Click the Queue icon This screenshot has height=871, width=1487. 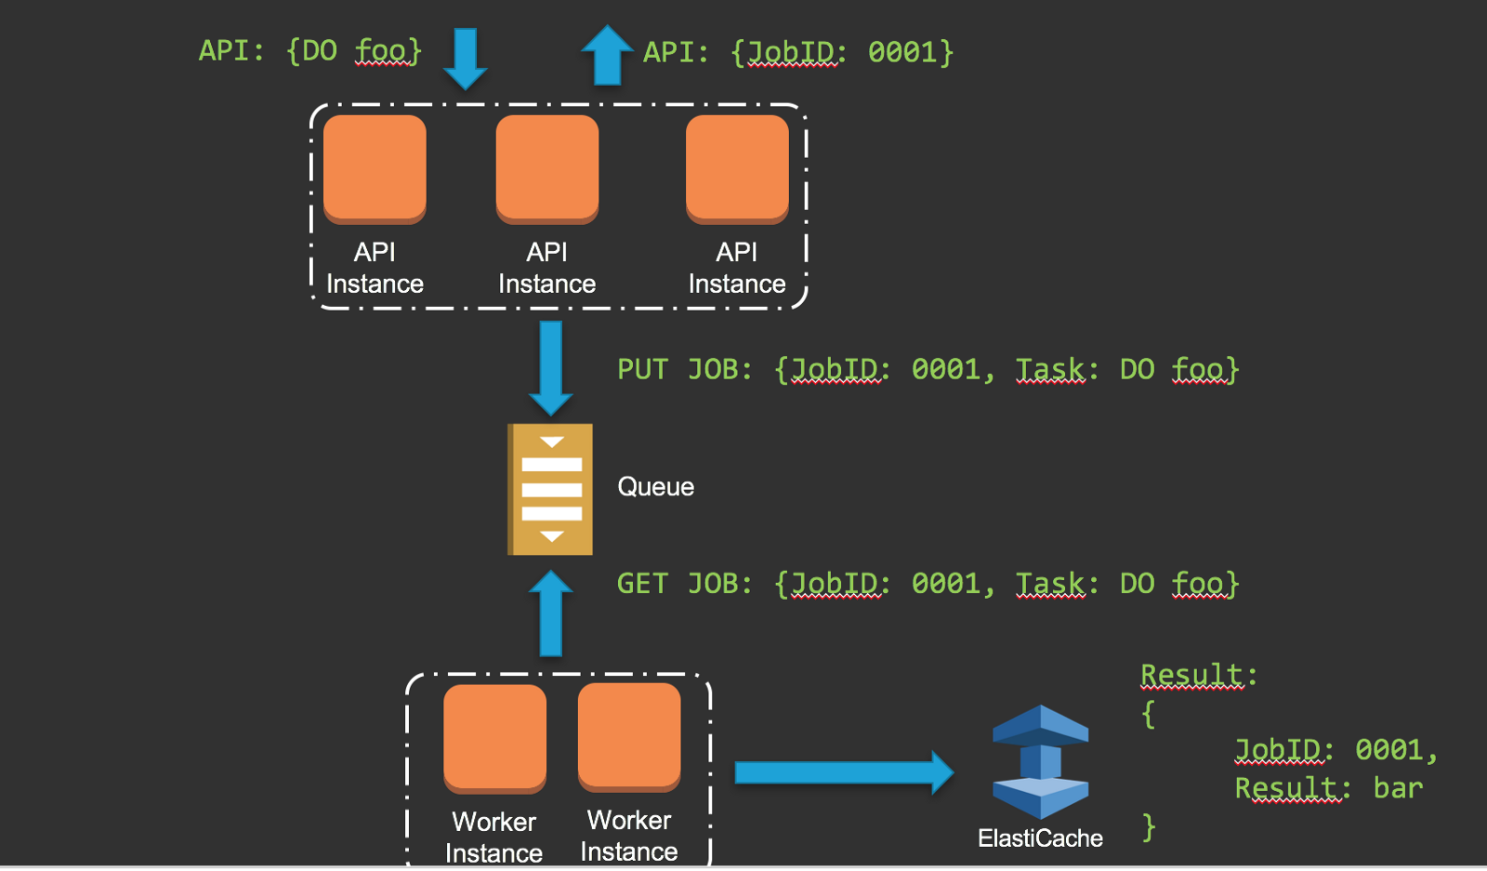pyautogui.click(x=550, y=489)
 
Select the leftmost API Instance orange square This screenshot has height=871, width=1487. pyautogui.click(x=375, y=168)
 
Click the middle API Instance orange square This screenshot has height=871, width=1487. pyautogui.click(x=547, y=168)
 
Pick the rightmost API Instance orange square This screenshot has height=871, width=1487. pyautogui.click(x=737, y=168)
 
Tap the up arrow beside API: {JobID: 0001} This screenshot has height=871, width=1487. pyautogui.click(x=607, y=56)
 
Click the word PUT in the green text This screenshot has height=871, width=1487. pyautogui.click(x=642, y=369)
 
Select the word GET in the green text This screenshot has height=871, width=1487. pyautogui.click(x=642, y=584)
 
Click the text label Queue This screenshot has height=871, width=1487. pyautogui.click(x=655, y=487)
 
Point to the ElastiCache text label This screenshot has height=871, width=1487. pyautogui.click(x=1040, y=838)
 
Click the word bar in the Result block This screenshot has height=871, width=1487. pyautogui.click(x=1398, y=788)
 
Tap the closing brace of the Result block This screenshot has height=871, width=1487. pyautogui.click(x=1150, y=826)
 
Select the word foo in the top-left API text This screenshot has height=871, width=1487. pyautogui.click(x=381, y=50)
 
